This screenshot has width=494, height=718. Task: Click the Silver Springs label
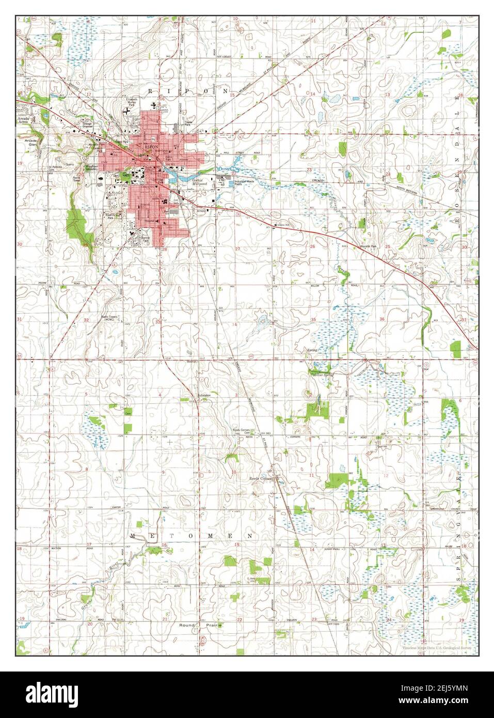pyautogui.click(x=324, y=374)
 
